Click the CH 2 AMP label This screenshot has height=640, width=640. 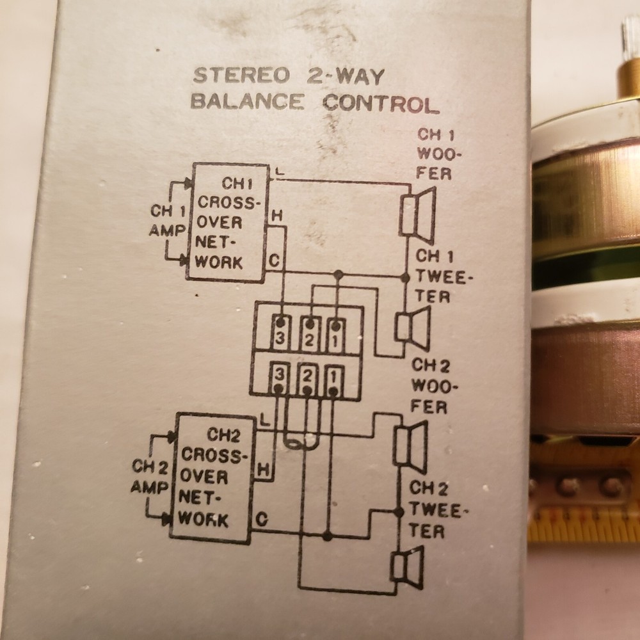point(150,477)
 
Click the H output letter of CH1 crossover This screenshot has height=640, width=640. point(277,216)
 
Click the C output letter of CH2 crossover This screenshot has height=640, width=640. point(262,519)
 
